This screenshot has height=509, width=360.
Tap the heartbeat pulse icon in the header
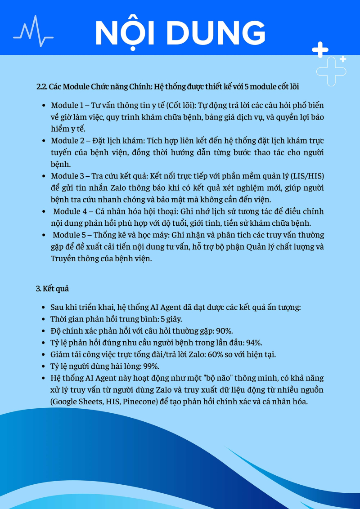(33, 31)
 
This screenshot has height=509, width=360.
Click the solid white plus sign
(320, 49)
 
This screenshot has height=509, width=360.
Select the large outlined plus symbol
(331, 71)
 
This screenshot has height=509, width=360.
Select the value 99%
(151, 366)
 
